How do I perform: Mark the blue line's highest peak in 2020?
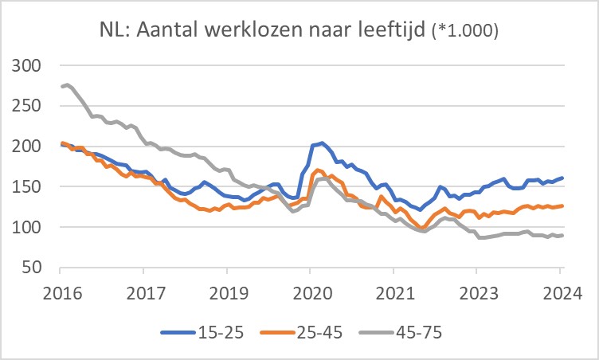pos(321,143)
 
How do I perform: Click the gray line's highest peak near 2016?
pos(66,84)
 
